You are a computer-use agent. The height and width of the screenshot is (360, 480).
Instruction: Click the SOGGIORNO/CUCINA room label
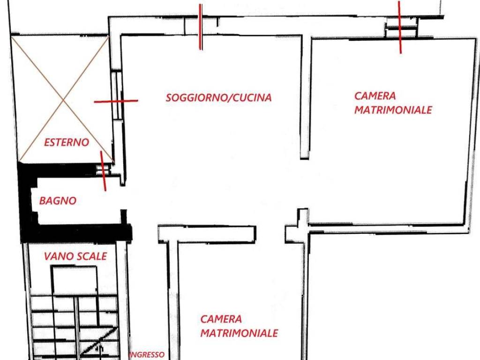[218, 98]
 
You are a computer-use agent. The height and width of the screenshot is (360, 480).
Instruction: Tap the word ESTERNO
[66, 142]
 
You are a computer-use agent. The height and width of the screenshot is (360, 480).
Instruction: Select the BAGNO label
[58, 201]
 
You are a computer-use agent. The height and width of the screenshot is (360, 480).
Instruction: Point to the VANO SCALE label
[75, 256]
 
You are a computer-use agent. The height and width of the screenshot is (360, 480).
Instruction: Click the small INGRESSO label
[147, 355]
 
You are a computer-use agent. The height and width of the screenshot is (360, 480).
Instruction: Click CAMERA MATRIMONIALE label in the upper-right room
[392, 103]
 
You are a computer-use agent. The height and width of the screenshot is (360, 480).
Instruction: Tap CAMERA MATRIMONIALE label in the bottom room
[239, 326]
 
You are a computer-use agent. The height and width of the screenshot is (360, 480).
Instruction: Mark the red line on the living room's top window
[201, 27]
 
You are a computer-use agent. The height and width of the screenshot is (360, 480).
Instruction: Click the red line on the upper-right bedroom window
[400, 27]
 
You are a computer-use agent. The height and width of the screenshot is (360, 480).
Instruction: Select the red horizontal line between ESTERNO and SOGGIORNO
[116, 101]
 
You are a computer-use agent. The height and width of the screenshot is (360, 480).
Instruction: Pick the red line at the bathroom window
[103, 171]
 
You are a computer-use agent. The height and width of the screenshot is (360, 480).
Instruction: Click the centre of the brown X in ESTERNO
[63, 99]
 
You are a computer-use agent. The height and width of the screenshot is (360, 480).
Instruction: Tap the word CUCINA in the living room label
[253, 98]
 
